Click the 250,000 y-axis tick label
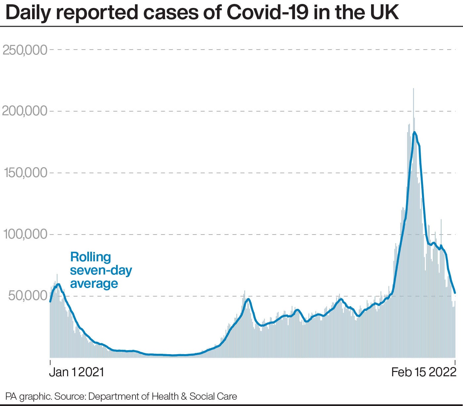pos(25,50)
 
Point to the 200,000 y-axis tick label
pos(25,111)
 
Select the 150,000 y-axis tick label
pos(25,173)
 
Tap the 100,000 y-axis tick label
pos(25,234)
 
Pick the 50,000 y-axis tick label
pos(28,296)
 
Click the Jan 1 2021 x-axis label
pos(76,372)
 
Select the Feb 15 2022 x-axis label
pos(424,372)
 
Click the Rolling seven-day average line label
pos(101,270)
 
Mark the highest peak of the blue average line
pos(414,132)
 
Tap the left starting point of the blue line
pos(50,301)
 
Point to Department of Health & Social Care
pos(163,396)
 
